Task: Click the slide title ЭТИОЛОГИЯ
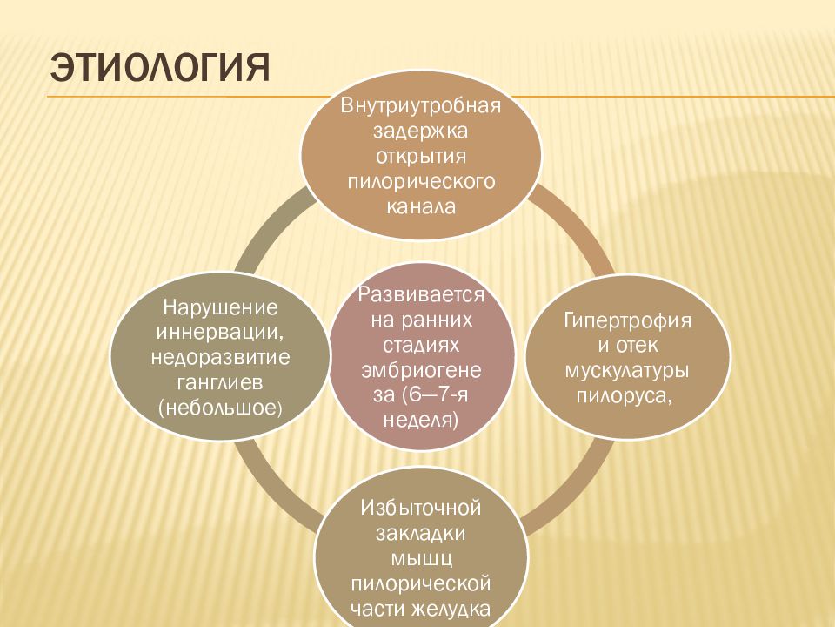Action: [160, 68]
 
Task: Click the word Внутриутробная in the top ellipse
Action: [421, 105]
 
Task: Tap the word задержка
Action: [420, 131]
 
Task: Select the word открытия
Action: [421, 157]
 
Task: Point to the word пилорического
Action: [421, 182]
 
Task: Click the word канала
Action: [421, 207]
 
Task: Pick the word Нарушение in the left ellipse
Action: [220, 307]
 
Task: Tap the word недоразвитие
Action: [220, 357]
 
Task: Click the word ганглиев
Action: [220, 382]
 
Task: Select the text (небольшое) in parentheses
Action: [220, 408]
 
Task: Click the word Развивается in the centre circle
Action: [421, 295]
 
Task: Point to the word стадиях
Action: [421, 346]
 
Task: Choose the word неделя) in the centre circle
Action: [421, 420]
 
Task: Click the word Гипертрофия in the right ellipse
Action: [627, 321]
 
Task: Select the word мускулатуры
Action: [627, 371]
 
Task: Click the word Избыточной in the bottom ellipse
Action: [421, 508]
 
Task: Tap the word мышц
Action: [422, 559]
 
